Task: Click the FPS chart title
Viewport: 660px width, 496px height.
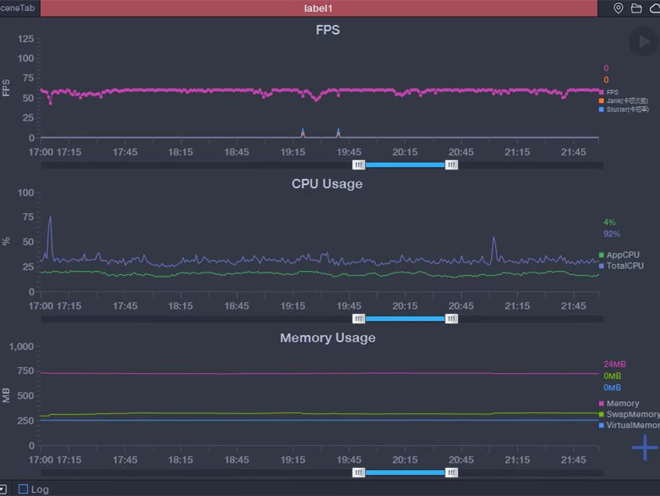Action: click(328, 30)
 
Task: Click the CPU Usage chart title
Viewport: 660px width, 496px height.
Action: click(327, 184)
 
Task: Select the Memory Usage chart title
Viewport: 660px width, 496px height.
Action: click(328, 338)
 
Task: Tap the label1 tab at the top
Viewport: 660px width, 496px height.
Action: click(318, 8)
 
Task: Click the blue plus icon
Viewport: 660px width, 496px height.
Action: click(644, 448)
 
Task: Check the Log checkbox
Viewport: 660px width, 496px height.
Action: click(23, 490)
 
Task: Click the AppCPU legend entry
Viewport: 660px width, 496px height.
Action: click(623, 255)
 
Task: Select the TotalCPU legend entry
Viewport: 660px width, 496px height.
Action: click(624, 266)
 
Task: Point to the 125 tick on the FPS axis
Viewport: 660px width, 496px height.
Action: click(26, 39)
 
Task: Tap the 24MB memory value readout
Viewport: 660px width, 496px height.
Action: click(615, 365)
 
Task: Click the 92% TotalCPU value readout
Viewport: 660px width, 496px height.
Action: click(612, 234)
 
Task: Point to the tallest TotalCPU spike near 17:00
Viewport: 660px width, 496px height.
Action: click(51, 217)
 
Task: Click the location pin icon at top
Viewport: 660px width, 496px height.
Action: click(619, 8)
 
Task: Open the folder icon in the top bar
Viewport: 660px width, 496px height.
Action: click(637, 8)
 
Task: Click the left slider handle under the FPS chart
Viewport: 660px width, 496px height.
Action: click(359, 165)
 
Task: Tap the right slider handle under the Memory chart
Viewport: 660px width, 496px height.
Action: click(452, 473)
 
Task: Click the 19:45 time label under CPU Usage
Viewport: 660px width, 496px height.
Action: click(349, 306)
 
